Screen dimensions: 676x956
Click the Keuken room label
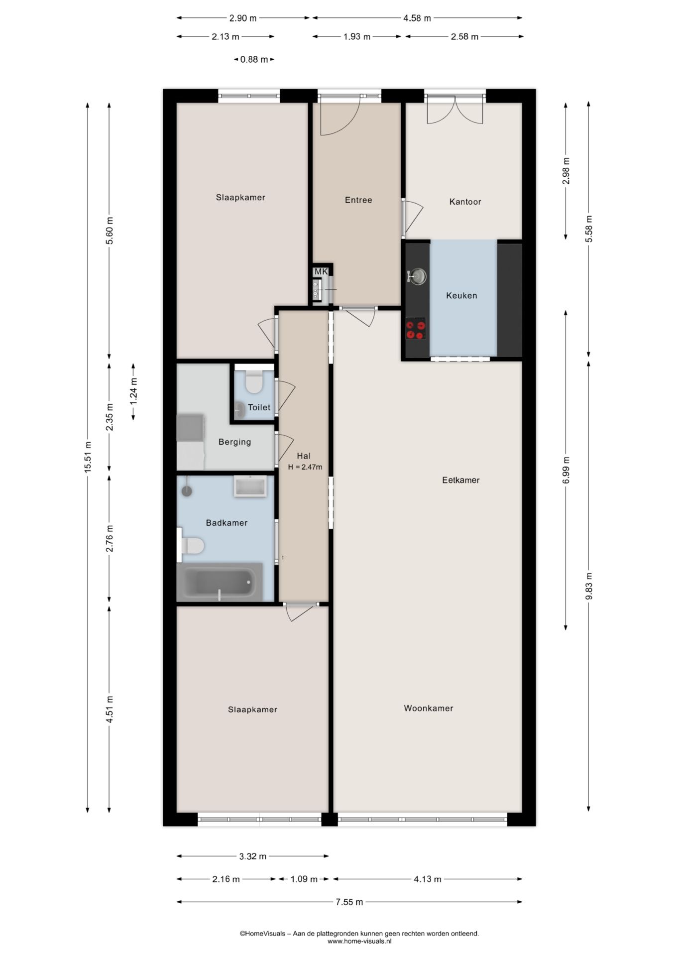[x=461, y=295]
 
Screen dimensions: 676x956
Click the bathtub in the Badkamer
[x=220, y=582]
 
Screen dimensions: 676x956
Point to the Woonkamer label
[x=429, y=708]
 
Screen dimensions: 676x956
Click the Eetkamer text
[x=461, y=480]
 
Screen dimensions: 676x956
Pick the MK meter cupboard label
[x=321, y=271]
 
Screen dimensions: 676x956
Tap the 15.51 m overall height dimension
[x=88, y=457]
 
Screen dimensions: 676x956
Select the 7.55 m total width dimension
[x=349, y=902]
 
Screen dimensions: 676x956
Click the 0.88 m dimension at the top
[x=254, y=59]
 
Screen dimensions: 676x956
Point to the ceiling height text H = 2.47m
[x=305, y=467]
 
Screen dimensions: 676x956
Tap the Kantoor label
[x=465, y=202]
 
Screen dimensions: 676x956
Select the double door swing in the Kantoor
[x=454, y=111]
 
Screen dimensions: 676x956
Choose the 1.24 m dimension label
[x=133, y=391]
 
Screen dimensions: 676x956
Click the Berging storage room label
[x=234, y=442]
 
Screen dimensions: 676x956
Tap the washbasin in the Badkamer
[x=250, y=486]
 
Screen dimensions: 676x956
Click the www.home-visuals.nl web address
[x=359, y=941]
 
